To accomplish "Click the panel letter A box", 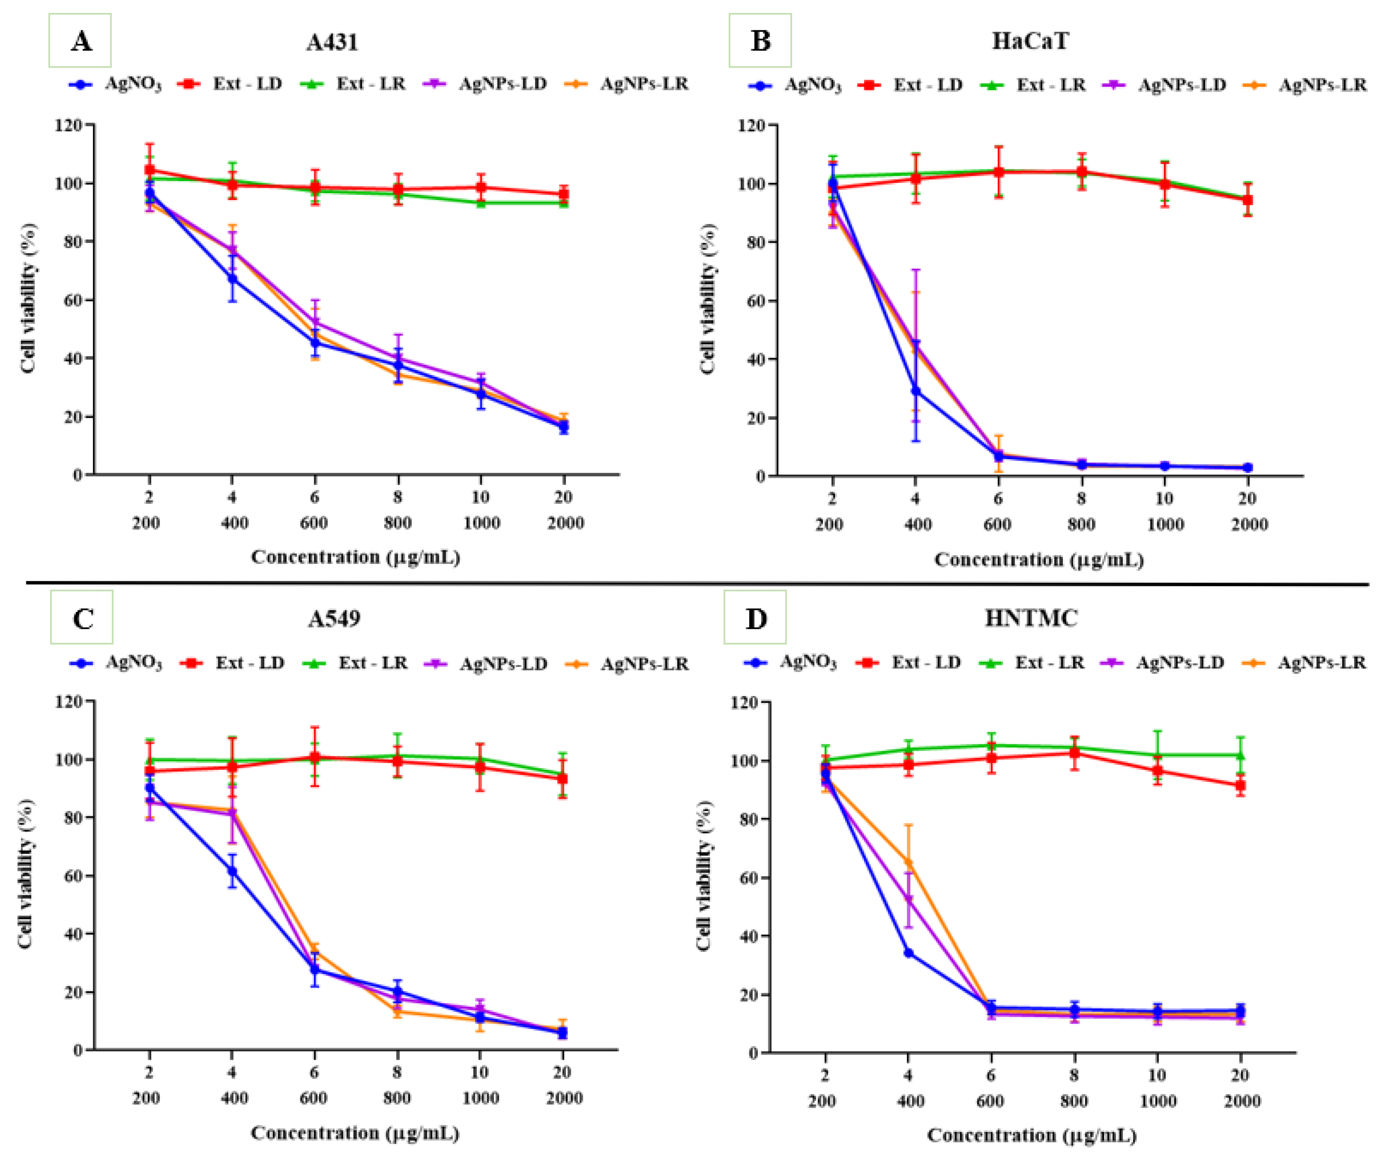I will pos(80,41).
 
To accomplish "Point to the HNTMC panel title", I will pos(1031,618).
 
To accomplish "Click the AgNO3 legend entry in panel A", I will pos(116,84).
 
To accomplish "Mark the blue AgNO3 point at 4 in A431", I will pos(232,279).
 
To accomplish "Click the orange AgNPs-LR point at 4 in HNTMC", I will pos(908,862).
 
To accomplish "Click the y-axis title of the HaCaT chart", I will pos(708,300).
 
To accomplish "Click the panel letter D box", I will pos(755,617).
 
